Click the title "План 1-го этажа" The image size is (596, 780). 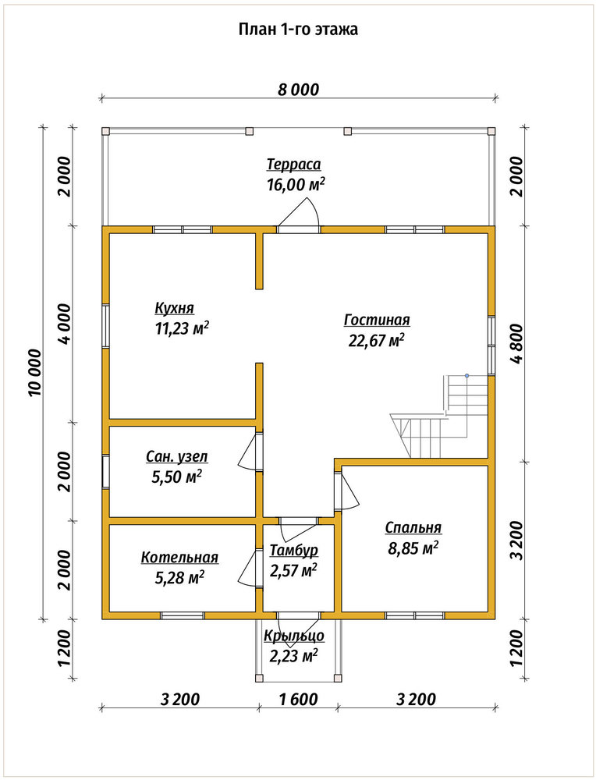point(298,30)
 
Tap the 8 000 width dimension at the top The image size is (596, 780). point(298,90)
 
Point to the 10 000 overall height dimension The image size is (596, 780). point(35,372)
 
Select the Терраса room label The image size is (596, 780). point(293,164)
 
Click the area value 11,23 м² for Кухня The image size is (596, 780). point(182,329)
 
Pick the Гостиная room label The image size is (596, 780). point(377,320)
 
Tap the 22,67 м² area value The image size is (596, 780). point(377,341)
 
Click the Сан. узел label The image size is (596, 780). point(177,456)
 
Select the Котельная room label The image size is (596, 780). point(179,557)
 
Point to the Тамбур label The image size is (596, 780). point(294,550)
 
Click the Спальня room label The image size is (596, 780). point(413,528)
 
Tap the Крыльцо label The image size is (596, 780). point(294,636)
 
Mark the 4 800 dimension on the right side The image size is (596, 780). point(517,344)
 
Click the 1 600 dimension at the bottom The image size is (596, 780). point(298,699)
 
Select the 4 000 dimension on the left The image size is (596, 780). point(64,324)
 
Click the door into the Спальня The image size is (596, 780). point(346,490)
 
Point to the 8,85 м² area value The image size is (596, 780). point(413,548)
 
